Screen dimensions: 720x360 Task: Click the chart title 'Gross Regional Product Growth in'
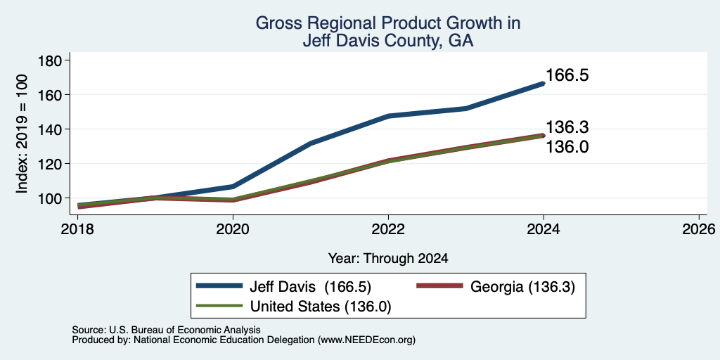[388, 23]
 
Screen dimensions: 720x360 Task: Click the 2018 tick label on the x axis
[77, 229]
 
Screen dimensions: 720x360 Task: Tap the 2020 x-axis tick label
[233, 229]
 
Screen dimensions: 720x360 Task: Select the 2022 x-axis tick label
[388, 229]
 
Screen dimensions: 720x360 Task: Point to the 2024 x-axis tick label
[544, 229]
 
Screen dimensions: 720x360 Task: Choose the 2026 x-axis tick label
[699, 229]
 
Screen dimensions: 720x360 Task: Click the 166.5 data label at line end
[567, 75]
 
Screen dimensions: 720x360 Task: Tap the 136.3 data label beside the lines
[567, 127]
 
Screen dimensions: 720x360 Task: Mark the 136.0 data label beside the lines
[567, 147]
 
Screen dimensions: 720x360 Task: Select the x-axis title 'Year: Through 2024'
[388, 259]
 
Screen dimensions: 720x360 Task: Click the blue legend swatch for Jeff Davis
[219, 286]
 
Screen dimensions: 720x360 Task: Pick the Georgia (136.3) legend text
[522, 287]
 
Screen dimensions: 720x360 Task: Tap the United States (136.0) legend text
[320, 307]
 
